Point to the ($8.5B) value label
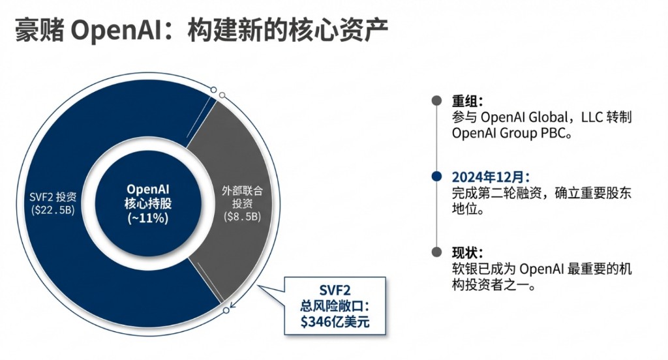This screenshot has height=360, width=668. pyautogui.click(x=242, y=216)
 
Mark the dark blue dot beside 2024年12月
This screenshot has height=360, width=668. pyautogui.click(x=436, y=177)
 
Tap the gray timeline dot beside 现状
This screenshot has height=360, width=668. pyautogui.click(x=436, y=252)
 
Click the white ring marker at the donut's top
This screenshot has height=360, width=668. pyautogui.click(x=222, y=96)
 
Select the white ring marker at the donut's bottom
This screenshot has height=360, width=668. pyautogui.click(x=226, y=310)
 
